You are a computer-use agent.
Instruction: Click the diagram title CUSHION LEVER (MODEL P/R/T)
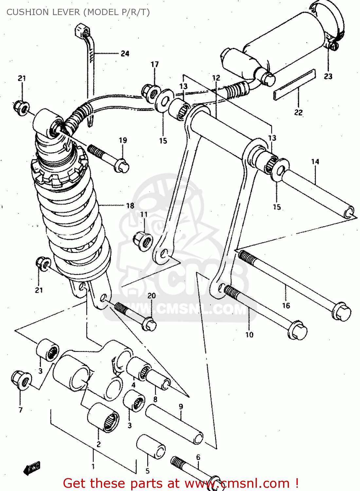[78, 12]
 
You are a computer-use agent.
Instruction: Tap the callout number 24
[125, 53]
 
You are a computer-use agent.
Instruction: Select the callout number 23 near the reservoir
[328, 76]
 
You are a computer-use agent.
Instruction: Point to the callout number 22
[298, 112]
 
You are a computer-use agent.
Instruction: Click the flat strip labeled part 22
[294, 84]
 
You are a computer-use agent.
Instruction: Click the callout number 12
[216, 78]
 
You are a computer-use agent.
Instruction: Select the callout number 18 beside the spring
[130, 206]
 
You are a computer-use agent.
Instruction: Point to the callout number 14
[315, 161]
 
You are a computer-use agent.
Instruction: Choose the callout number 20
[152, 296]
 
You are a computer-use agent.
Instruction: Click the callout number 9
[181, 407]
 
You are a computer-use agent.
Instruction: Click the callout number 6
[198, 457]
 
